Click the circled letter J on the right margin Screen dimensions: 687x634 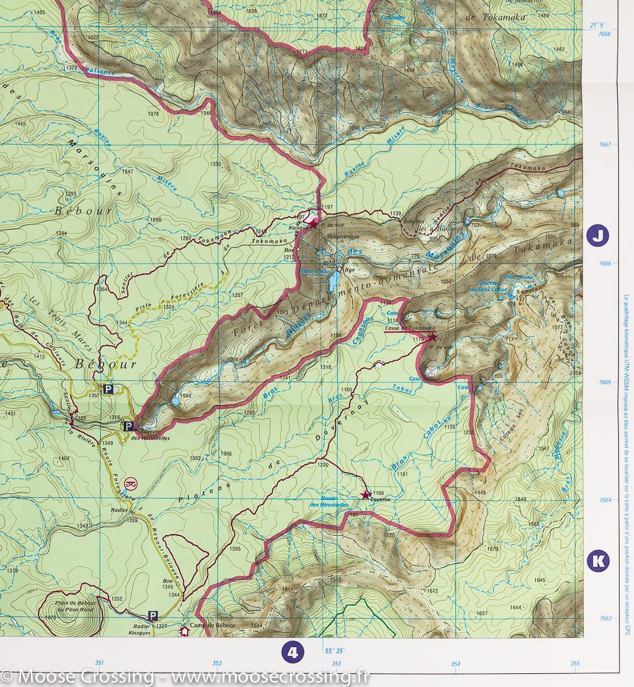pyautogui.click(x=597, y=235)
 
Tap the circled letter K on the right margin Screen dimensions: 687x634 pyautogui.click(x=597, y=561)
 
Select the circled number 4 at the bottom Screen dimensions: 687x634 pyautogui.click(x=292, y=652)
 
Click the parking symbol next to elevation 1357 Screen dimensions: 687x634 pyautogui.click(x=109, y=389)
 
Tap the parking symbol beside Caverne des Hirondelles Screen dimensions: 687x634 pyautogui.click(x=128, y=426)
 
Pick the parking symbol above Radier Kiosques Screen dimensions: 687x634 pyautogui.click(x=152, y=616)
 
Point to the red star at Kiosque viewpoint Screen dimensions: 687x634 pyautogui.click(x=313, y=224)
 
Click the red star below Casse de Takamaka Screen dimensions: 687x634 pyautogui.click(x=432, y=337)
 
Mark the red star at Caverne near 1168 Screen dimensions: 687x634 pyautogui.click(x=365, y=495)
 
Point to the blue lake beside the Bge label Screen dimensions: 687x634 pyautogui.click(x=334, y=281)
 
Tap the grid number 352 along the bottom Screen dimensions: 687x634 pyautogui.click(x=217, y=663)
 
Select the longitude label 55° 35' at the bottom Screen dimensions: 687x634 pyautogui.click(x=334, y=651)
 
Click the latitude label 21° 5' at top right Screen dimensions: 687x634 pyautogui.click(x=597, y=25)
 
